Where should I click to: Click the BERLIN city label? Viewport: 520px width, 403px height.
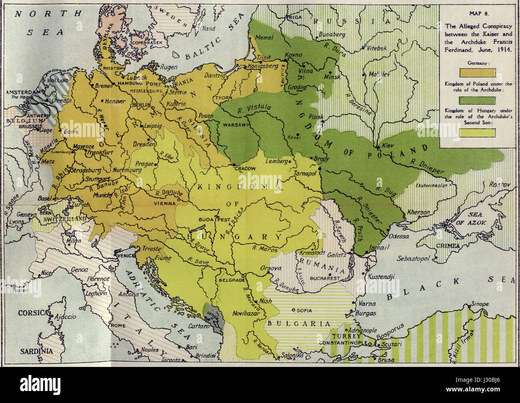coord(140,104)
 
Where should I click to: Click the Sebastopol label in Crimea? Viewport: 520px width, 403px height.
coord(413,259)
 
